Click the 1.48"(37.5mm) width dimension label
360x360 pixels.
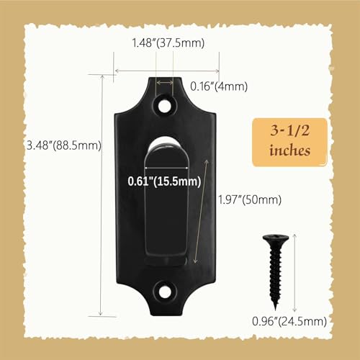pyautogui.click(x=168, y=43)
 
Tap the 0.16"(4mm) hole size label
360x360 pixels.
pyautogui.click(x=219, y=86)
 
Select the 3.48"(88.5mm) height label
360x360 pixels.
pyautogui.click(x=64, y=145)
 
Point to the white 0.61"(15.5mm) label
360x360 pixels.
pyautogui.click(x=164, y=181)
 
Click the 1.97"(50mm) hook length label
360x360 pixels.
pyautogui.click(x=250, y=200)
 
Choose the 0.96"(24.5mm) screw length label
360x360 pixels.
pyautogui.click(x=289, y=321)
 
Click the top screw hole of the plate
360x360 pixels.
pyautogui.click(x=164, y=105)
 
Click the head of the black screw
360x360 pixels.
pyautogui.click(x=276, y=239)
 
